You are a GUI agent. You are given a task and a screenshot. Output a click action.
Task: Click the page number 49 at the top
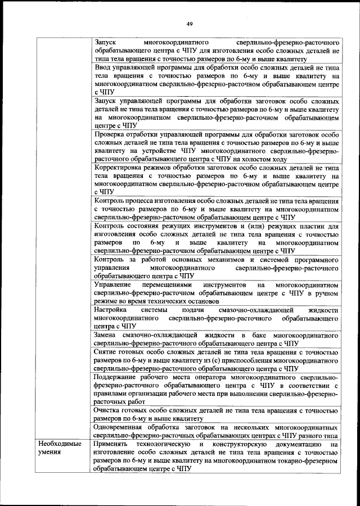pyautogui.click(x=190, y=23)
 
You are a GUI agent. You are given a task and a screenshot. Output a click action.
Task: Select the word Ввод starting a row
pyautogui.click(x=104, y=67)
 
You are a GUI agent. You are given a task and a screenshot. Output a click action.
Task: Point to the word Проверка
pyautogui.click(x=112, y=134)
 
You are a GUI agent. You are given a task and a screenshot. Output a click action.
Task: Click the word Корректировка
pyautogui.click(x=120, y=168)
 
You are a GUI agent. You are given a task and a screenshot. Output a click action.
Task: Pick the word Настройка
pyautogui.click(x=111, y=310)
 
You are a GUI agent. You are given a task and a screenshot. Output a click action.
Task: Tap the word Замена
pyautogui.click(x=106, y=335)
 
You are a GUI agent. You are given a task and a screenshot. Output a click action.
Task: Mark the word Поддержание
pyautogui.click(x=119, y=377)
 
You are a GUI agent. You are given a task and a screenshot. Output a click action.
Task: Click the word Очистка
pyautogui.click(x=109, y=410)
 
